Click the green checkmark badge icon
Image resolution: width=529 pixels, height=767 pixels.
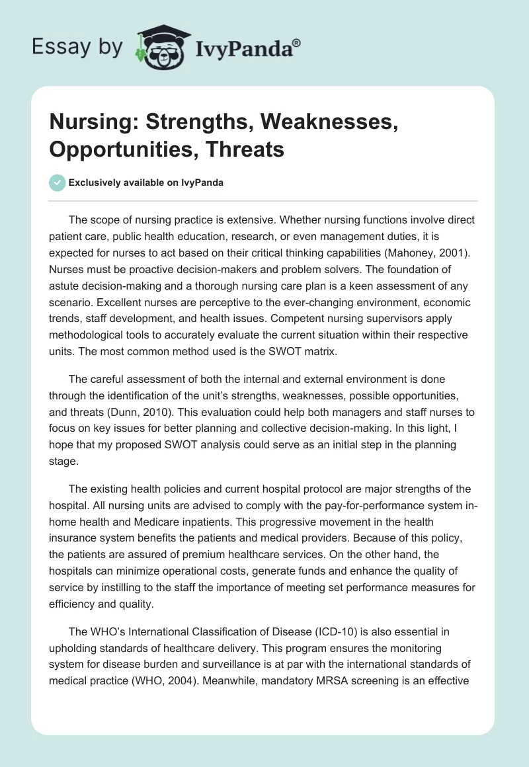click(58, 183)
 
